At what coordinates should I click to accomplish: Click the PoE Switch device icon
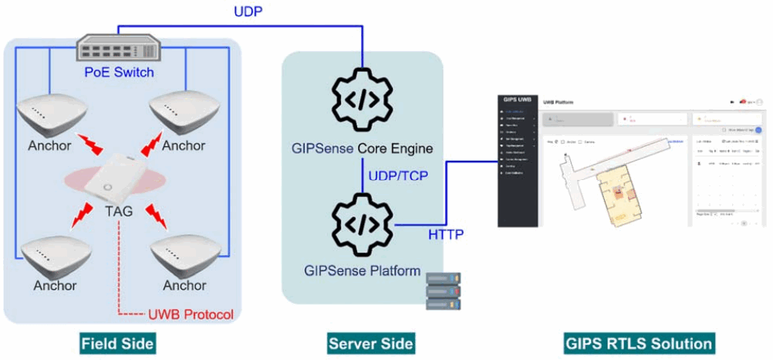[119, 50]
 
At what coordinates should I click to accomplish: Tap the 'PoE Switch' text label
[119, 73]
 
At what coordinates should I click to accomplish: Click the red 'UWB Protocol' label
[189, 314]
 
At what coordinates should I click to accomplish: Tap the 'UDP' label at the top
[248, 12]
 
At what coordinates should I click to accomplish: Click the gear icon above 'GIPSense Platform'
[362, 225]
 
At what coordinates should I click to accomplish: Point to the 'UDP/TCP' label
[398, 175]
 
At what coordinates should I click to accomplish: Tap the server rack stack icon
[443, 289]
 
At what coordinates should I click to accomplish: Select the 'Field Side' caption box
[118, 343]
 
